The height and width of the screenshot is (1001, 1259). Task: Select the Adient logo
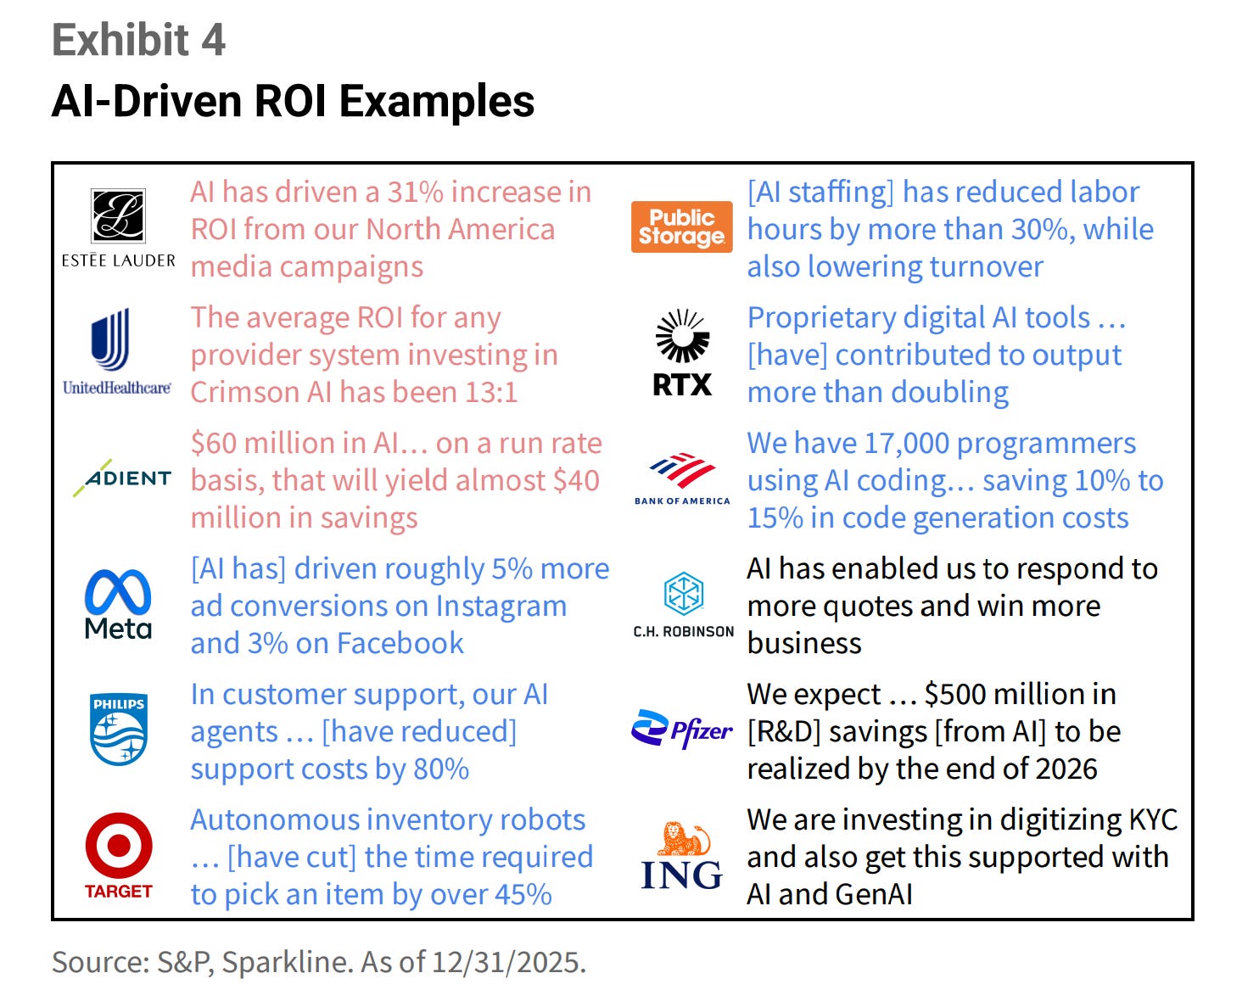[x=121, y=478]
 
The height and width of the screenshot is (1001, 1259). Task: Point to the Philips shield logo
[x=118, y=729]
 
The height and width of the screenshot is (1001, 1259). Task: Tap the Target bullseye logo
[x=119, y=853]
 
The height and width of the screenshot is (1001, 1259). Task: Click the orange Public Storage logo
[x=681, y=227]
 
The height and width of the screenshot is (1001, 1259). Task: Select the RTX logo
[x=682, y=353]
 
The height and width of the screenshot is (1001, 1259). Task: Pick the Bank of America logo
[x=682, y=478]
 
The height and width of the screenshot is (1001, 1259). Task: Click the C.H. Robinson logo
[x=683, y=603]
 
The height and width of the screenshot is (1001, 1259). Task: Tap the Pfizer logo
[x=682, y=730]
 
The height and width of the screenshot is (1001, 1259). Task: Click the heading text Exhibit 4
[x=138, y=40]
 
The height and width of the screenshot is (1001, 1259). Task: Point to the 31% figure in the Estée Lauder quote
[x=415, y=193]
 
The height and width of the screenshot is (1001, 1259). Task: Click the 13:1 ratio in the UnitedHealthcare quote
[x=485, y=393]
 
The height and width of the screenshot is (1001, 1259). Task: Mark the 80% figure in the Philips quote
[x=440, y=769]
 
